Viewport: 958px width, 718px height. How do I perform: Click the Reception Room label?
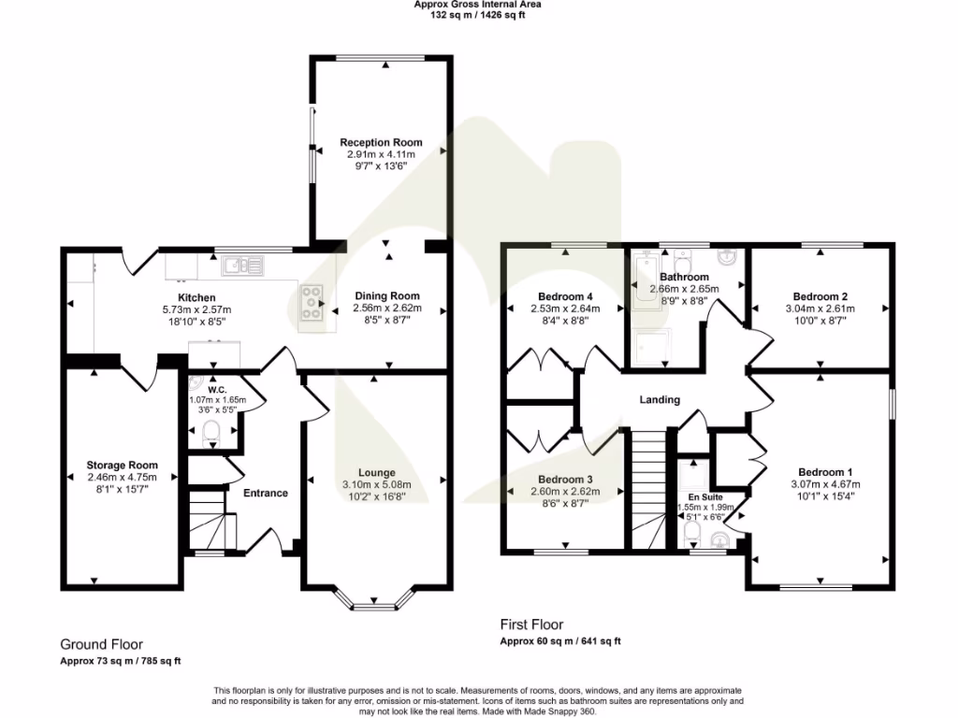(x=380, y=142)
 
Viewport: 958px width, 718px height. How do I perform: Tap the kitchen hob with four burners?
(x=313, y=303)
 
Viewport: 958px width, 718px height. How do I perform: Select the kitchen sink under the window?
(x=241, y=266)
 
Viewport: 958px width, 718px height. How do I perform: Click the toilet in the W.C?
(x=211, y=431)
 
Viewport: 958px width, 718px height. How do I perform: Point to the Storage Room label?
(x=122, y=465)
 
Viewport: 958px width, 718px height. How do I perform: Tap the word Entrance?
(x=266, y=493)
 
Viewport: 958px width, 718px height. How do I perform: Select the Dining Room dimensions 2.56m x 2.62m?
(x=386, y=309)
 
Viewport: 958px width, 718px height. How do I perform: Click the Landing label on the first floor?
(x=660, y=400)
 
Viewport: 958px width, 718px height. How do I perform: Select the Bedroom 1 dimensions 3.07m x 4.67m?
(x=820, y=484)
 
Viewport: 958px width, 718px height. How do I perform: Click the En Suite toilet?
(x=692, y=532)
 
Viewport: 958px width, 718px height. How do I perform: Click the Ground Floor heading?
(x=101, y=644)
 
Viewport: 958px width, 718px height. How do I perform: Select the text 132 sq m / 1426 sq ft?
(x=478, y=15)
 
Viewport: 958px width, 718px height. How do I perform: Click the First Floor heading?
(x=531, y=625)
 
